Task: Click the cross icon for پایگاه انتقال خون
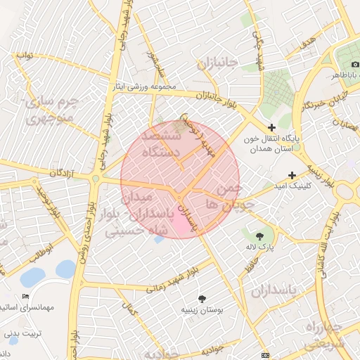[272, 127]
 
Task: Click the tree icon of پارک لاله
[260, 236]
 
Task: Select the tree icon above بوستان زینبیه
[202, 299]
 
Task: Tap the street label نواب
[25, 54]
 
